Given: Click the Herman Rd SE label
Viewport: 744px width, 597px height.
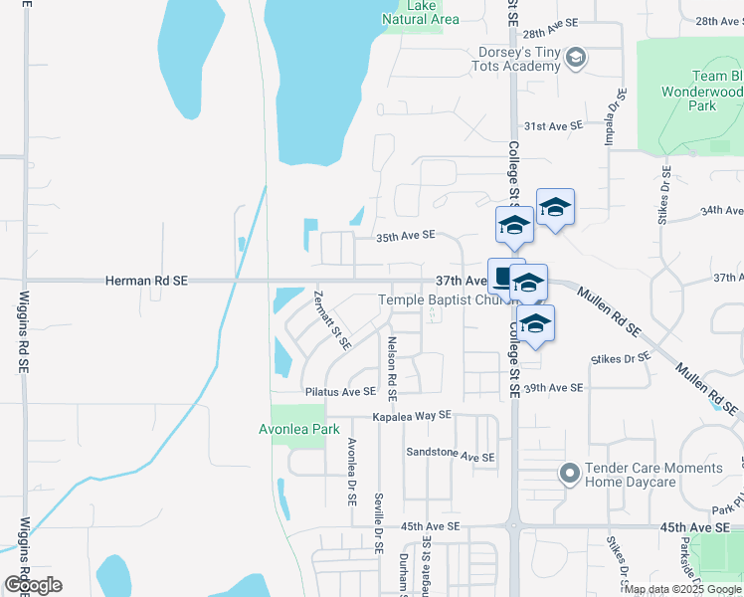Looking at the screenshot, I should [146, 282].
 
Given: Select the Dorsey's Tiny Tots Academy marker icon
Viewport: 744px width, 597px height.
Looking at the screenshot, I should [574, 59].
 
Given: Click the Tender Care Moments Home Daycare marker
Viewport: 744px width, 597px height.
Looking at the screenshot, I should [569, 474].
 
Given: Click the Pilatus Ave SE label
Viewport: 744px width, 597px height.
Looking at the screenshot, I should [340, 392].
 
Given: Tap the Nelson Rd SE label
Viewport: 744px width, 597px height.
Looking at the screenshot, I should [392, 374].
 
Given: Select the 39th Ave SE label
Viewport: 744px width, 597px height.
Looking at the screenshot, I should [552, 387].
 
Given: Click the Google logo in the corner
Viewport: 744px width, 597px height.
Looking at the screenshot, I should [33, 585].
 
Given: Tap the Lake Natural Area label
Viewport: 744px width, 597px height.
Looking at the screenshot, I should [420, 13].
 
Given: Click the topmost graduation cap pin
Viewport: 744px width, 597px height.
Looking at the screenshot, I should [555, 207].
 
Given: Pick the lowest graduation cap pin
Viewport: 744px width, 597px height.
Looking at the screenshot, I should [535, 323].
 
